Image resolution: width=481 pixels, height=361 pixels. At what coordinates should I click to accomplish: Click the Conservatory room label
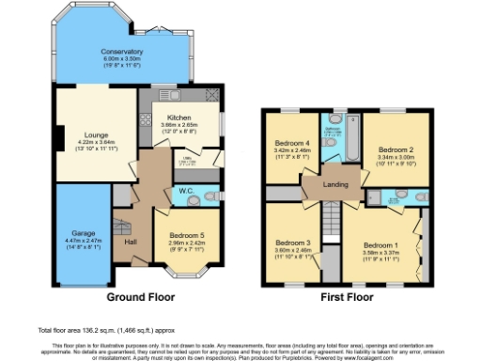click(122, 51)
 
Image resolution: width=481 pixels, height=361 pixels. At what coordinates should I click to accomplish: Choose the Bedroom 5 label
click(187, 236)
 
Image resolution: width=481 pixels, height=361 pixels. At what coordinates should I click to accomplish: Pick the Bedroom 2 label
click(396, 149)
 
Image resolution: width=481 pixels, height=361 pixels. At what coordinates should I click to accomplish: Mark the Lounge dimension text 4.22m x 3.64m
click(84, 143)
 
